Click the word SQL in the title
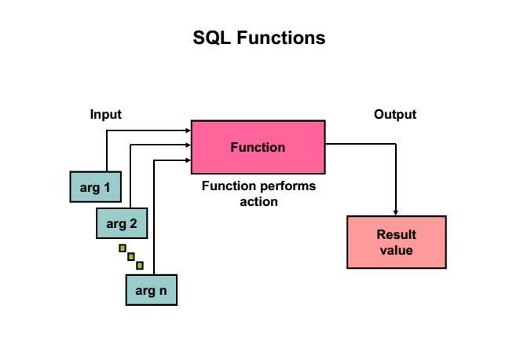click(x=211, y=38)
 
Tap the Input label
click(x=105, y=115)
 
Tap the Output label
click(x=395, y=115)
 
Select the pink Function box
click(x=258, y=146)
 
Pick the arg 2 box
click(x=122, y=223)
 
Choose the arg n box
click(x=152, y=290)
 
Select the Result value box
click(x=396, y=242)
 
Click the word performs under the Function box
click(x=284, y=187)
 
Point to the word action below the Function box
click(x=259, y=201)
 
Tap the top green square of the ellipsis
click(x=123, y=248)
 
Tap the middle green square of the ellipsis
click(x=131, y=256)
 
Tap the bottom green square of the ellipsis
click(x=140, y=265)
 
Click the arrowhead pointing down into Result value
click(x=396, y=212)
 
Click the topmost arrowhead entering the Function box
click(x=188, y=130)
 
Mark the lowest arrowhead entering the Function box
click(x=188, y=160)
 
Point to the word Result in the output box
click(x=396, y=235)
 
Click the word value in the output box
click(x=396, y=251)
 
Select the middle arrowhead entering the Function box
click(x=188, y=145)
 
